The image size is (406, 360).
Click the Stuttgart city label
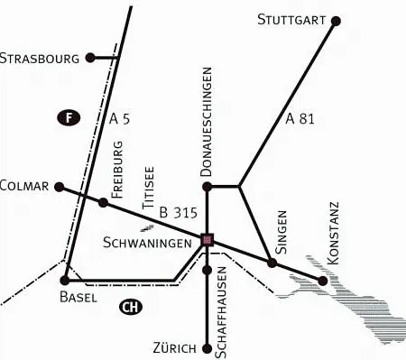click(291, 19)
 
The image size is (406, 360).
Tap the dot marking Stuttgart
click(336, 20)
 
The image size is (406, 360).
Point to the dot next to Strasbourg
click(90, 59)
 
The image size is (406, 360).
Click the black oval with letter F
click(67, 116)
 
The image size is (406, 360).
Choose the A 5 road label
click(120, 118)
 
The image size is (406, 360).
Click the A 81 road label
click(300, 118)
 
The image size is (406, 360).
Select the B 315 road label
click(177, 214)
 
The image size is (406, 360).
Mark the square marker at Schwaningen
click(208, 240)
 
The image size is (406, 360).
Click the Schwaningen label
click(147, 243)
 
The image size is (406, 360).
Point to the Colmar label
click(24, 187)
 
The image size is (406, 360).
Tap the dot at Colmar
click(60, 188)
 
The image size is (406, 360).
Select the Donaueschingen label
click(208, 121)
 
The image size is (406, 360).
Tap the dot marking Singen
click(272, 263)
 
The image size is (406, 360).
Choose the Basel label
click(78, 297)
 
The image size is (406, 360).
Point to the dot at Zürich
click(208, 345)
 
